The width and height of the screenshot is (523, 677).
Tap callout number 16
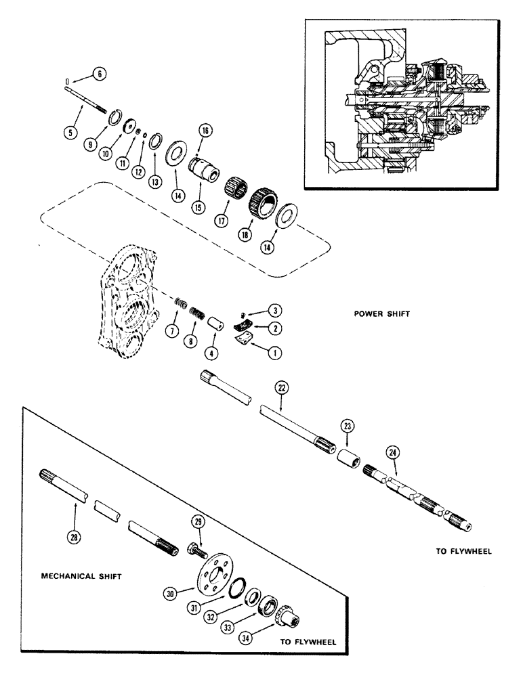tap(206, 130)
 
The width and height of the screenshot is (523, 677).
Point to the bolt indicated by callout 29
tap(194, 548)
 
